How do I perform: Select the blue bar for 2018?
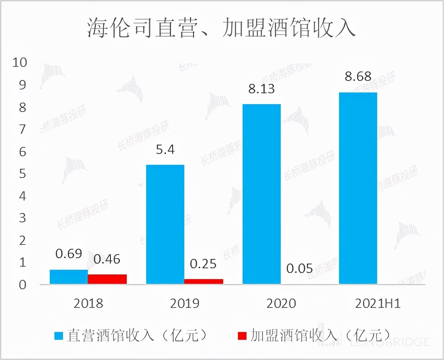pyautogui.click(x=69, y=277)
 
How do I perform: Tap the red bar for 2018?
pyautogui.click(x=107, y=279)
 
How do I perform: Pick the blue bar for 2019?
pyautogui.click(x=165, y=224)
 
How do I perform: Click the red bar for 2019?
pyautogui.click(x=203, y=281)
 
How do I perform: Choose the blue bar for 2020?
pyautogui.click(x=261, y=194)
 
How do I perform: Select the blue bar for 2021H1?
pyautogui.click(x=358, y=188)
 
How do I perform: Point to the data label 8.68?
pyautogui.click(x=358, y=76)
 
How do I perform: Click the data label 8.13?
pyautogui.click(x=262, y=89)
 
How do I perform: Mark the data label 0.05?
pyautogui.click(x=299, y=268)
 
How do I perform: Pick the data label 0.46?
pyautogui.click(x=107, y=259)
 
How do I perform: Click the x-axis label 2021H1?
pyautogui.click(x=377, y=304)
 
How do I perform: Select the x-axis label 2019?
pyautogui.click(x=184, y=304)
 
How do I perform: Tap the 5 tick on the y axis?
pyautogui.click(x=23, y=174)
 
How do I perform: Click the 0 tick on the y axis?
pyautogui.click(x=23, y=285)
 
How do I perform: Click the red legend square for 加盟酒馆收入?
pyautogui.click(x=242, y=336)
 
